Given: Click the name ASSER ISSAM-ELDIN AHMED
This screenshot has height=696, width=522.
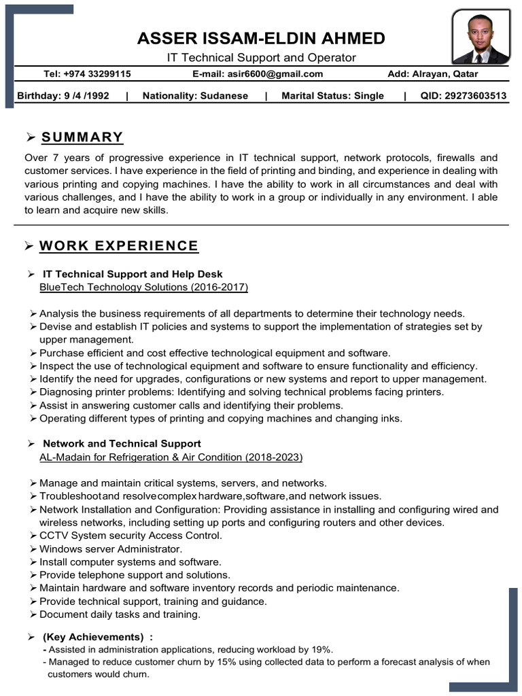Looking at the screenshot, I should [261, 38].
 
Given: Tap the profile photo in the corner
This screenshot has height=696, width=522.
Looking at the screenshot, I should [481, 36].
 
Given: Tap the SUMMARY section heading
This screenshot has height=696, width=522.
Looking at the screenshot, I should [82, 137].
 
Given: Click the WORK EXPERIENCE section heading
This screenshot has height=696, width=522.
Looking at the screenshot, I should [119, 245].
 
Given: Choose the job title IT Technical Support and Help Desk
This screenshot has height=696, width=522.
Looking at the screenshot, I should [133, 275].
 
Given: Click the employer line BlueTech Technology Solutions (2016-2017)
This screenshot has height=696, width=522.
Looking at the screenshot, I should [144, 288].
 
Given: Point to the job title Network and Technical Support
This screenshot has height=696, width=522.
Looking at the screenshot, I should [122, 444].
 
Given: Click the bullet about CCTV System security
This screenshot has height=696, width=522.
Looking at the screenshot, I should [130, 536].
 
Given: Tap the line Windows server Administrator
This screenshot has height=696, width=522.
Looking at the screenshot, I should [111, 549].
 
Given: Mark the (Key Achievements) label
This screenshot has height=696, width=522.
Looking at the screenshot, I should [93, 637].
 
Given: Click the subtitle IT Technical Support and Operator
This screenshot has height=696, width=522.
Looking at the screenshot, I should [262, 58].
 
